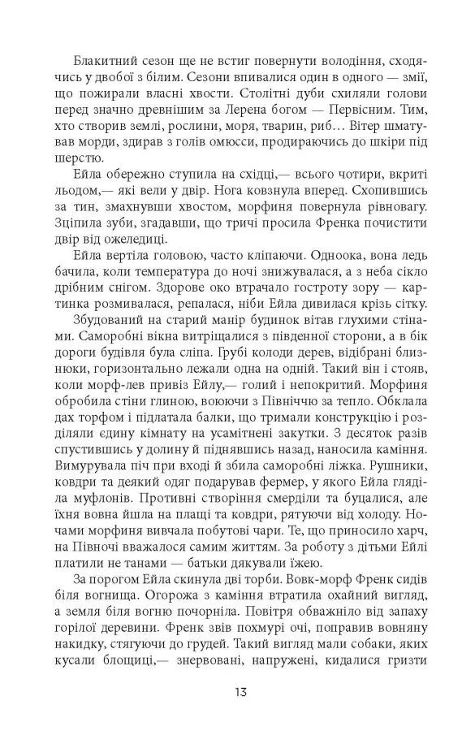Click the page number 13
click(237, 692)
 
